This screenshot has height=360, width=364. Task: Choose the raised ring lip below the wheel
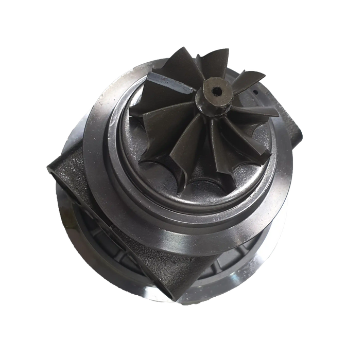pyautogui.click(x=196, y=206)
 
